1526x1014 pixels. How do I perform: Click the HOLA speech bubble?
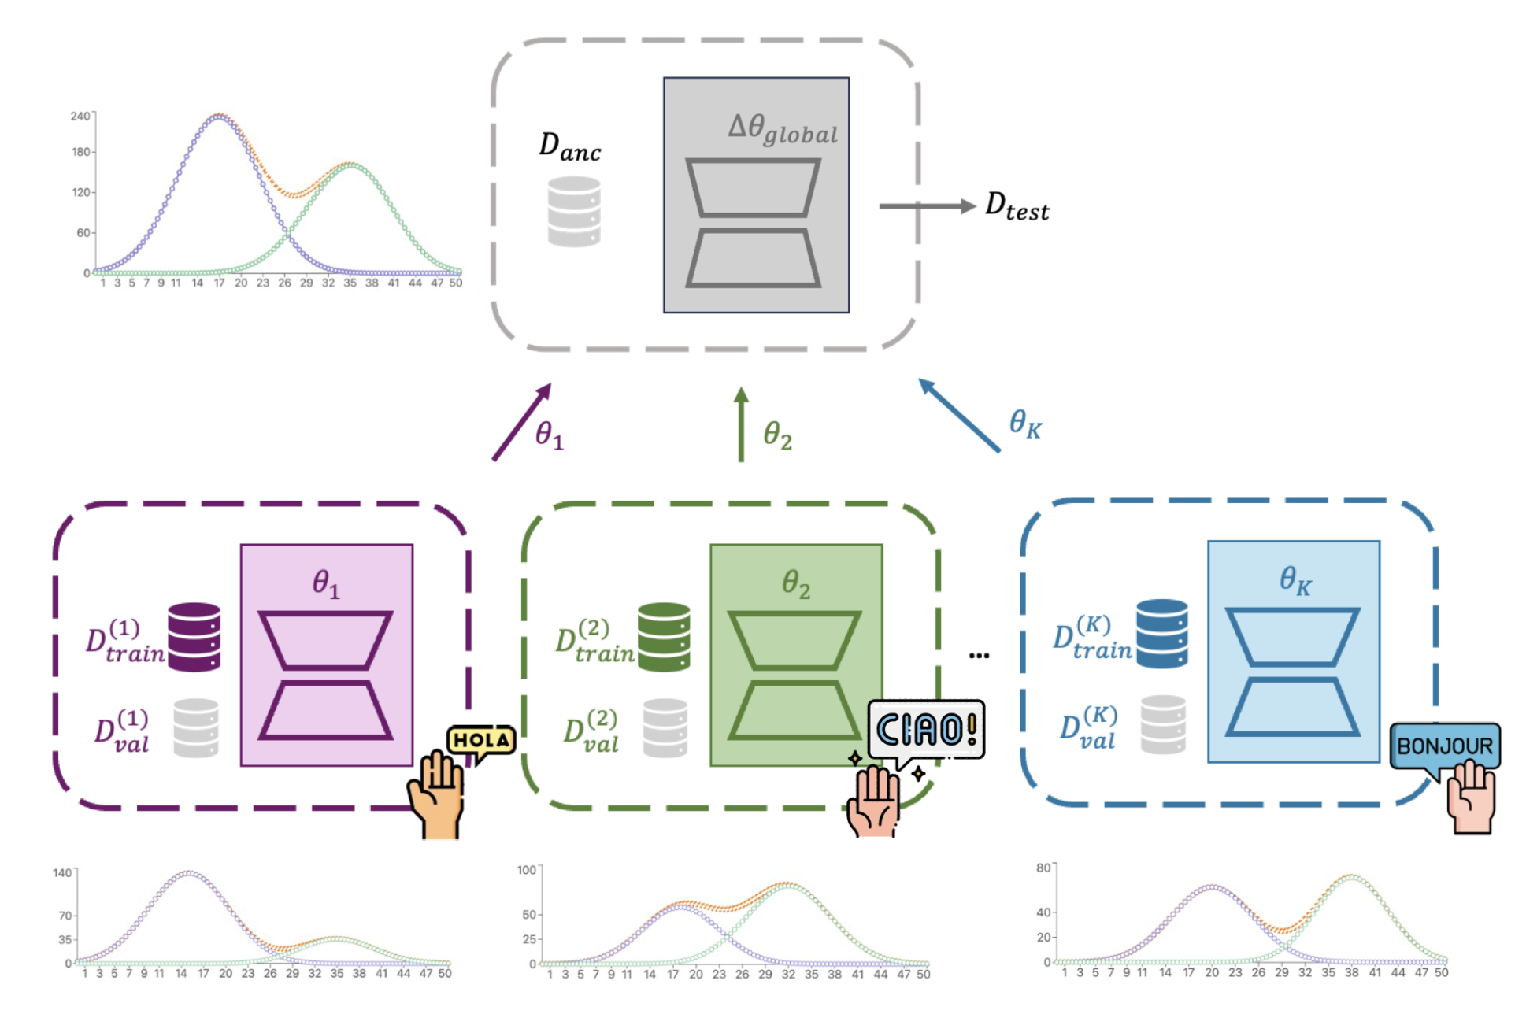pos(481,741)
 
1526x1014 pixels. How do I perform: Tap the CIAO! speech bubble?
pos(926,730)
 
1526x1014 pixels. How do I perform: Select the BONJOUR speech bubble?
pos(1444,746)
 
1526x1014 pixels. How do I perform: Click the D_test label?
pos(1017,206)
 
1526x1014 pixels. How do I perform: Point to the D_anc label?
pos(569,146)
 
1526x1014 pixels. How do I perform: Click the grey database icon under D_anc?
pos(574,211)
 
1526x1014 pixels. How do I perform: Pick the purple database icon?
pos(194,637)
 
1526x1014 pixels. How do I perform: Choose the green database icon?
pos(664,637)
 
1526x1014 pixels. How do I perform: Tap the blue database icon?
pos(1161,634)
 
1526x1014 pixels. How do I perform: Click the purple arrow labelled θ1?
pos(521,422)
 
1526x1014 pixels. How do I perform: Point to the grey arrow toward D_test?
pos(926,206)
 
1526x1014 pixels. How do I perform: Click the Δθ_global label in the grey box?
pos(782,129)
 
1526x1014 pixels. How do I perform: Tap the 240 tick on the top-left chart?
pos(80,117)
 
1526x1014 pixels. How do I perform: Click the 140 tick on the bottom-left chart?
pos(62,872)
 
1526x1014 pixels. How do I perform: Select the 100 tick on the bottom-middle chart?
pos(527,870)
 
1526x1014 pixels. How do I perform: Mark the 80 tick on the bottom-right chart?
pos(1043,868)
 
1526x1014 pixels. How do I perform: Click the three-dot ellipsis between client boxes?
pos(979,655)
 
